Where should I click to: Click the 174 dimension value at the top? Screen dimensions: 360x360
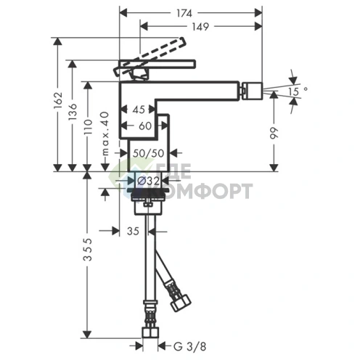pyautogui.click(x=184, y=14)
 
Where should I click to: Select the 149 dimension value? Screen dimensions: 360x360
pyautogui.click(x=200, y=27)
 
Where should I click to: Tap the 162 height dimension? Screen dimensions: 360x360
pyautogui.click(x=58, y=101)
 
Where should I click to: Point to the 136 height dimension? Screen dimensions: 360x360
pyautogui.click(x=73, y=112)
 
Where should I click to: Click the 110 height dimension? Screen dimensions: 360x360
pyautogui.click(x=88, y=127)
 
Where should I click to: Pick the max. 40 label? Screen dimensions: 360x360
pyautogui.click(x=105, y=134)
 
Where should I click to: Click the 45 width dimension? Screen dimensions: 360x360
pyautogui.click(x=139, y=110)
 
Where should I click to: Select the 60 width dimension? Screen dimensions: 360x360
pyautogui.click(x=145, y=126)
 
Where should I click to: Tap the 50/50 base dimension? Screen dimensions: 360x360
pyautogui.click(x=149, y=153)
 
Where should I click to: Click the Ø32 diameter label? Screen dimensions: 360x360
pyautogui.click(x=149, y=181)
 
